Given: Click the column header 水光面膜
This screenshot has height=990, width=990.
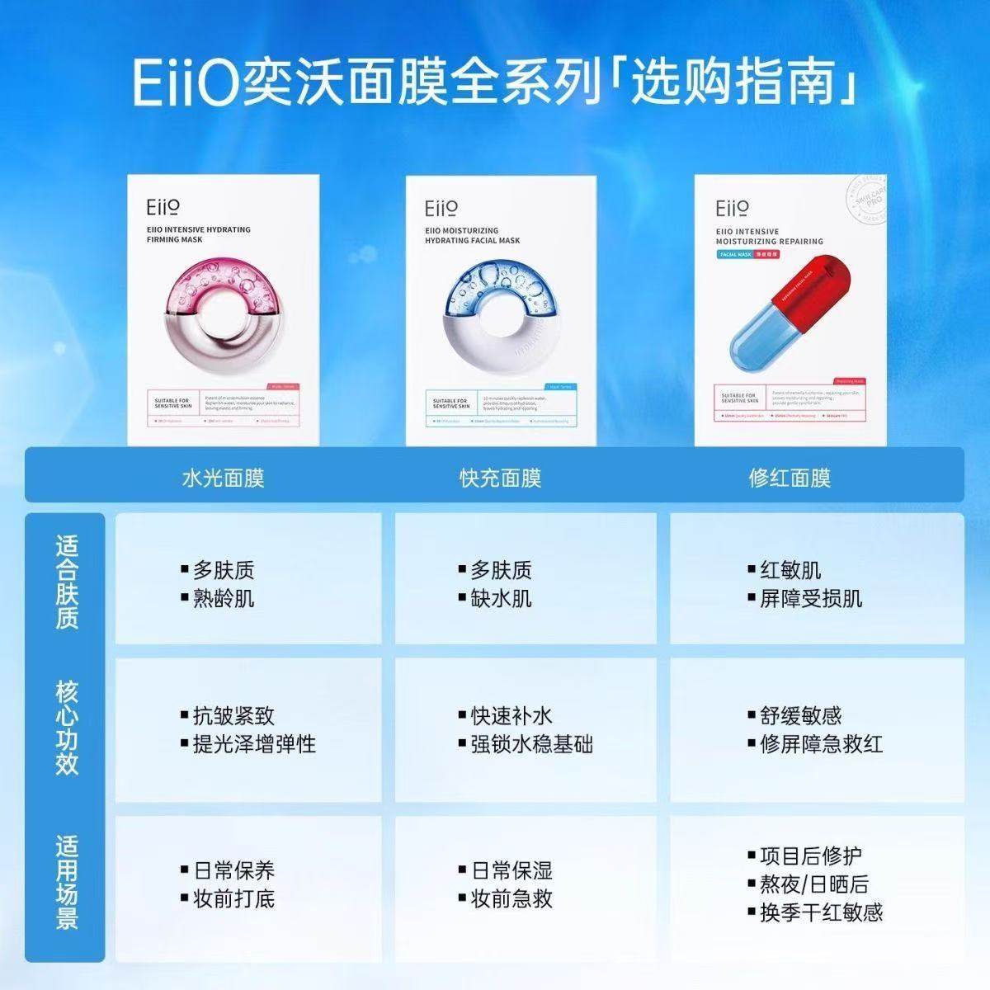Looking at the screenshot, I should click(223, 478).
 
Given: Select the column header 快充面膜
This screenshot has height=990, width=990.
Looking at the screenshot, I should click(500, 478).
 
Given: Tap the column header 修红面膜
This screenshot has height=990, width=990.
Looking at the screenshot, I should click(790, 478).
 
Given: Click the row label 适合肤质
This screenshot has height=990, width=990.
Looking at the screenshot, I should click(67, 582).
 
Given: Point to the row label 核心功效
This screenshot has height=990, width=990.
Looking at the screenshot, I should click(67, 728).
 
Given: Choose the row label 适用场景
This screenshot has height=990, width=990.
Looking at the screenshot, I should click(67, 883).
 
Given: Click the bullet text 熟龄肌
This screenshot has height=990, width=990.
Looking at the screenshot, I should click(224, 598).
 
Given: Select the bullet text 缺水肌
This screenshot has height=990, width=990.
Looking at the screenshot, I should click(501, 598).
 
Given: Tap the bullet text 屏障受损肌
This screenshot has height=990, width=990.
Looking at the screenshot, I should click(810, 598).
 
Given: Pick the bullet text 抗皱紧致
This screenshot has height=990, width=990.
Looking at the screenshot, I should click(233, 715).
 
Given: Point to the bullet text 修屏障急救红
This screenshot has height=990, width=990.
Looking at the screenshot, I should click(821, 744).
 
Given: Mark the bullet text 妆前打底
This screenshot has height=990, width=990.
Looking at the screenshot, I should click(233, 898).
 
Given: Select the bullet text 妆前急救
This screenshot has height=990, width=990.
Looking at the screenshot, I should click(511, 898).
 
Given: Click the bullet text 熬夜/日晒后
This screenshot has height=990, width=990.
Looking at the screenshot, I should click(813, 884).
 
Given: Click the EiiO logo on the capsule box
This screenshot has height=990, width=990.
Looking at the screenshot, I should click(732, 208).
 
